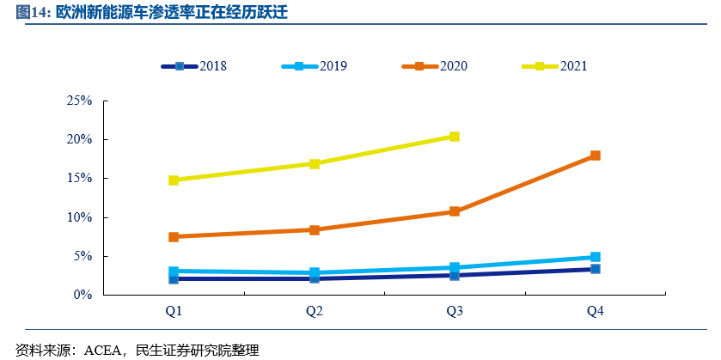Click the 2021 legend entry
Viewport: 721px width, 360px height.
pos(559,66)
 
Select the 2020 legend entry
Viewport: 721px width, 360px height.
pos(438,66)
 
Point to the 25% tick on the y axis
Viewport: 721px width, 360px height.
pos(80,101)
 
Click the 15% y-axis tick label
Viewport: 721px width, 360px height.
pos(80,179)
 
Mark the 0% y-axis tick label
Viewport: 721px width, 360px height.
pos(83,295)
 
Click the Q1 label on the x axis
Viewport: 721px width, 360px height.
pos(174,311)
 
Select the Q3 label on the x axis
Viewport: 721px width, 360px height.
pos(455,311)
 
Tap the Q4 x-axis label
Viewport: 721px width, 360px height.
pos(595,311)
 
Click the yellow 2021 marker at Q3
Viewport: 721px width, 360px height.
pos(455,137)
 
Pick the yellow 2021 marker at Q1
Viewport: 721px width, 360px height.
pos(174,180)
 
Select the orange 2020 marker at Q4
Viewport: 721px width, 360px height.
pos(595,156)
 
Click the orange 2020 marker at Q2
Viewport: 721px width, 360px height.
pos(315,230)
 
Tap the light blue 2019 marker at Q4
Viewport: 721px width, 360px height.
pos(595,257)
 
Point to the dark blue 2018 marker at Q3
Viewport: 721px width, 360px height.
pos(455,275)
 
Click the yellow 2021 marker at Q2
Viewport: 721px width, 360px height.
pos(315,163)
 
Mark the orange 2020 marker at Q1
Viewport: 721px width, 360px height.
pos(174,237)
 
